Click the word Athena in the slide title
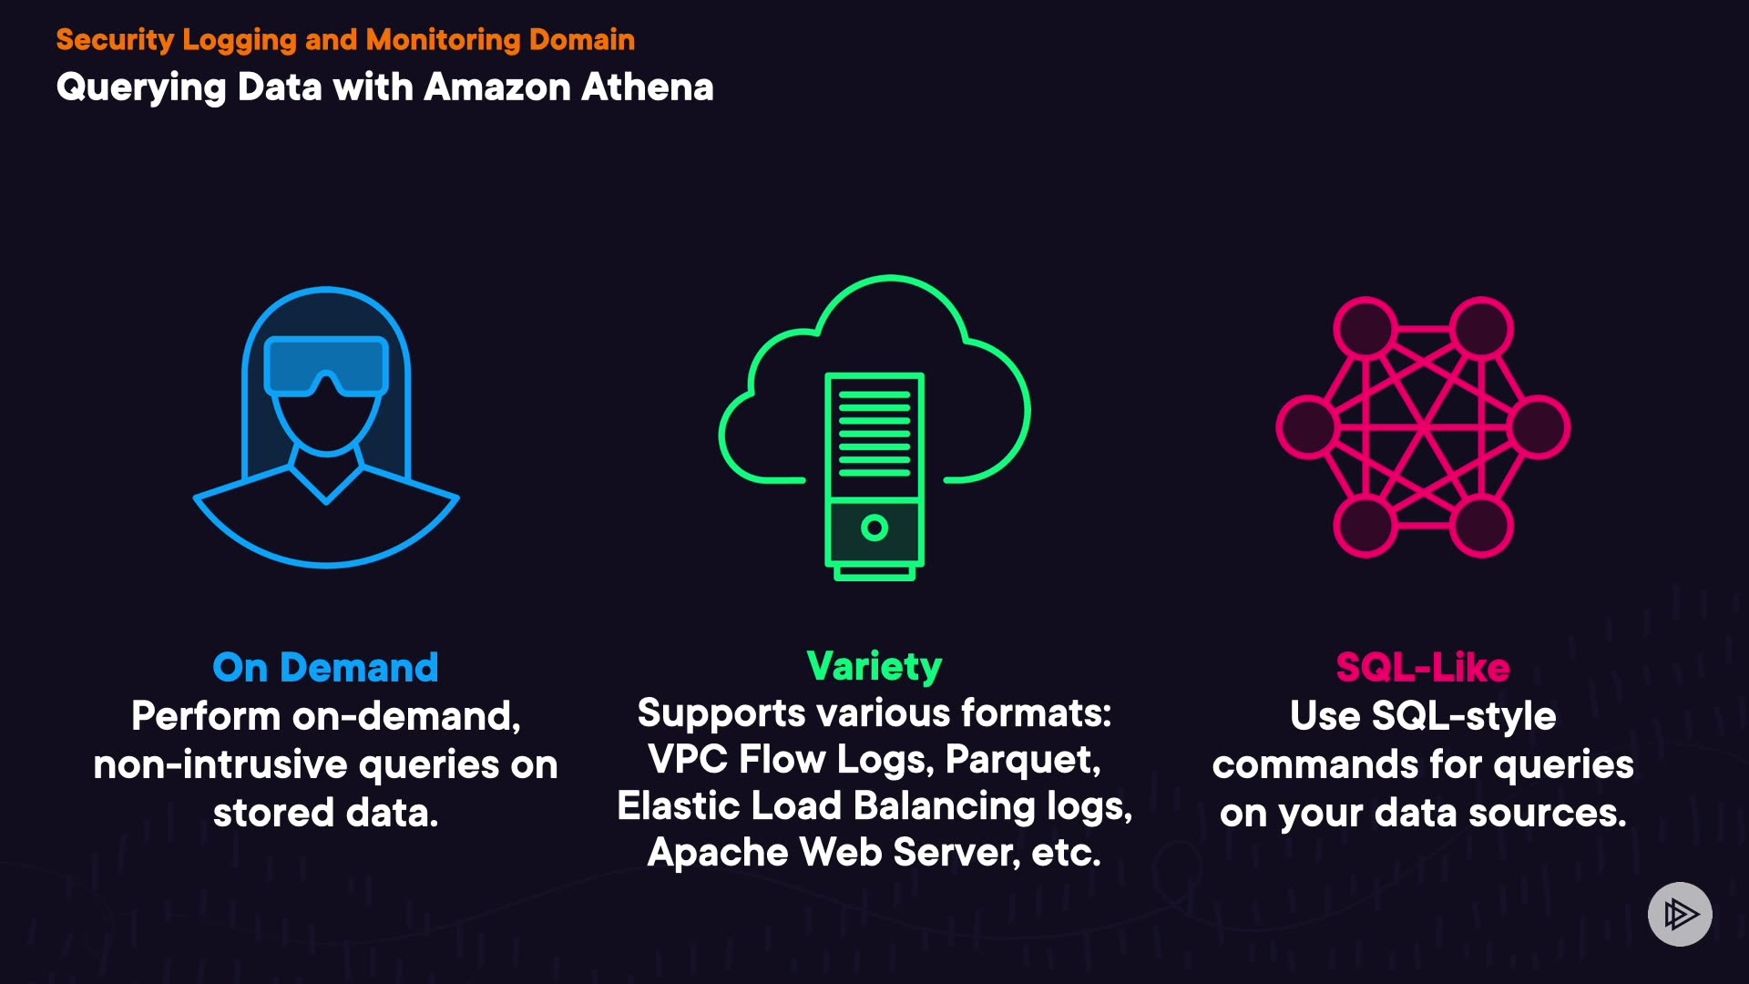647,87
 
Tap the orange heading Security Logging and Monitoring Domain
345,39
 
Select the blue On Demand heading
325,667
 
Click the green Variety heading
874,666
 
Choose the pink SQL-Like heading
1422,667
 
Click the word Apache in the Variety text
717,853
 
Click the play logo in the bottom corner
1680,914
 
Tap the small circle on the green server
874,528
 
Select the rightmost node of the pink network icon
1539,426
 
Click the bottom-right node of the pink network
1481,526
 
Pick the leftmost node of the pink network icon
1306,426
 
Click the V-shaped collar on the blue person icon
326,481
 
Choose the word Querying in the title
140,88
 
